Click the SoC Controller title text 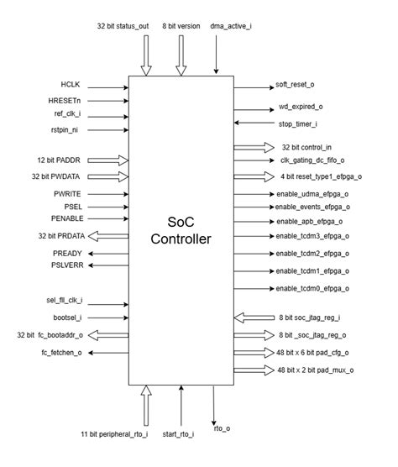point(180,228)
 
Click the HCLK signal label point(70,85)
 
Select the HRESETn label point(65,100)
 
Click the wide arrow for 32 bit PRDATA point(108,235)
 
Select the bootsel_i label point(66,318)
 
